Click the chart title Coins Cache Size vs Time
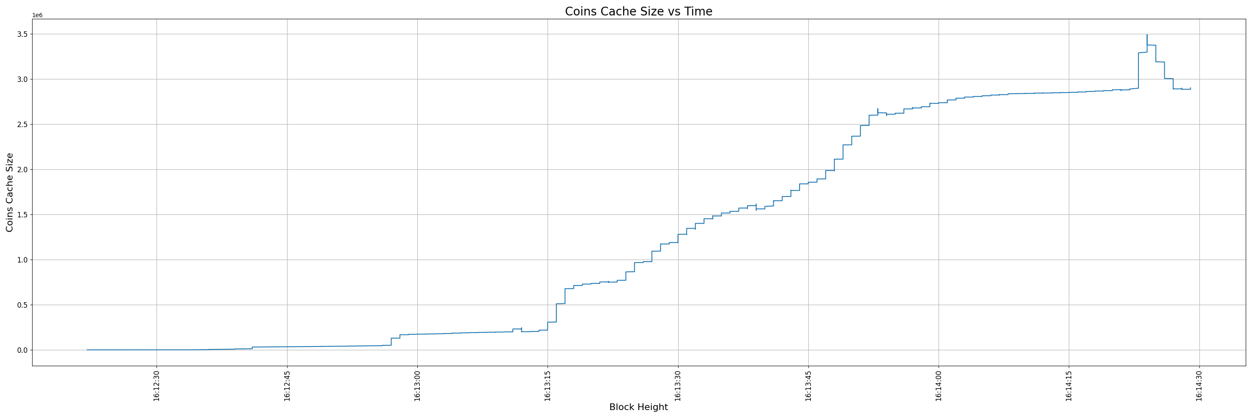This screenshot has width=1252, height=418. click(x=638, y=12)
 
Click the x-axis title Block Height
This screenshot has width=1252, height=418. click(x=638, y=407)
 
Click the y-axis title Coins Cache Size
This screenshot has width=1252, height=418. click(x=10, y=192)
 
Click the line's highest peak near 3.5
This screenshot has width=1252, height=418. click(x=1147, y=35)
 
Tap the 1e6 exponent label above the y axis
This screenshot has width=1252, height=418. click(x=38, y=15)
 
